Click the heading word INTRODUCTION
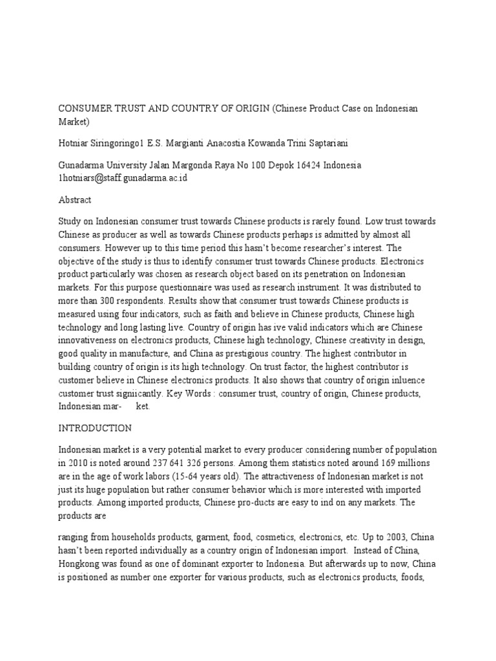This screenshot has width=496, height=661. tap(95, 428)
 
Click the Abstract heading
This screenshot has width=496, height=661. tap(75, 200)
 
